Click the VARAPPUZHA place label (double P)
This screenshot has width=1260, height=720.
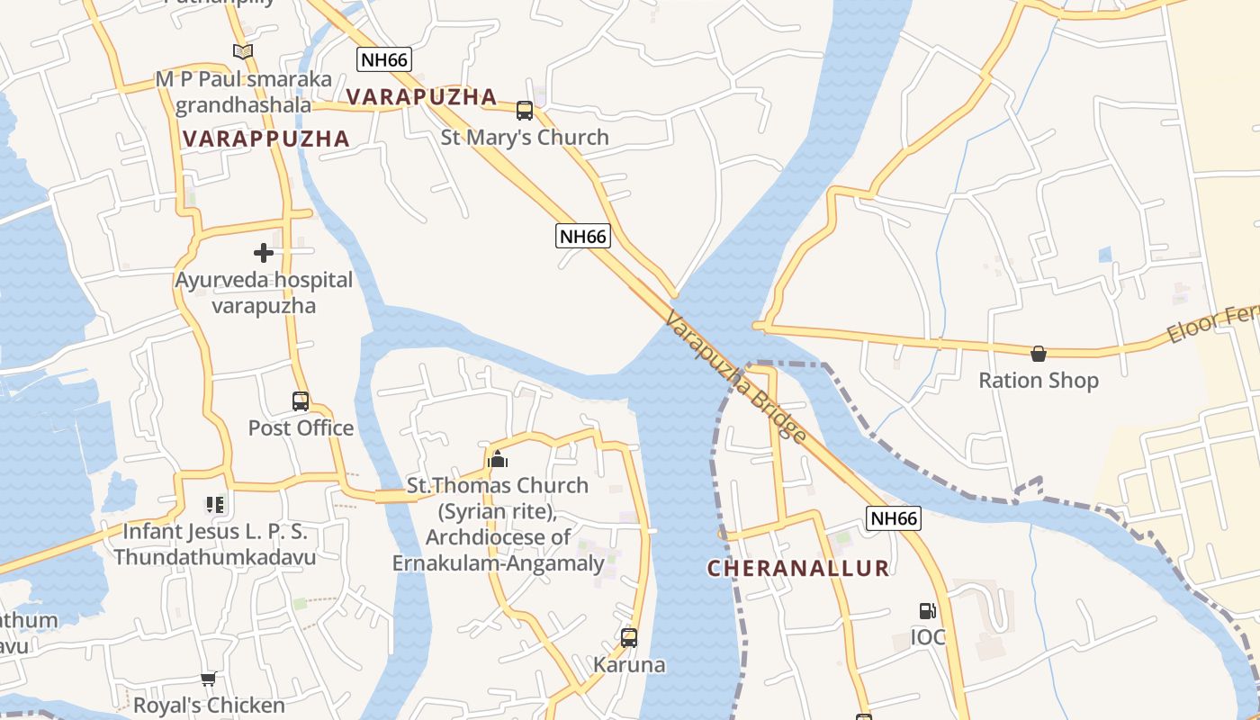pyautogui.click(x=265, y=139)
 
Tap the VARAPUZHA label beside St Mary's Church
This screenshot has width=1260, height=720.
pyautogui.click(x=421, y=97)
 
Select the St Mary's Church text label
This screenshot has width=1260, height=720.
pyautogui.click(x=525, y=138)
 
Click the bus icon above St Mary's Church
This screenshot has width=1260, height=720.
pyautogui.click(x=525, y=111)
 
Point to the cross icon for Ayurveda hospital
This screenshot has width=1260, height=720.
pyautogui.click(x=264, y=253)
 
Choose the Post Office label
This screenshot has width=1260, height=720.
pyautogui.click(x=301, y=427)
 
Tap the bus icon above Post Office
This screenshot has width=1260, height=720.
pyautogui.click(x=301, y=401)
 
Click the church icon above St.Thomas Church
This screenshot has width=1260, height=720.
pyautogui.click(x=497, y=460)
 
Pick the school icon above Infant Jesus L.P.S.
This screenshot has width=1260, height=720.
pyautogui.click(x=214, y=505)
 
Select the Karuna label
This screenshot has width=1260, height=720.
pyautogui.click(x=629, y=665)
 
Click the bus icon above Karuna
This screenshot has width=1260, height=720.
pyautogui.click(x=629, y=638)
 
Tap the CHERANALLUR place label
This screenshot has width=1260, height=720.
pyautogui.click(x=798, y=569)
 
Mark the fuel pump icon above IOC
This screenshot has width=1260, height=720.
pyautogui.click(x=927, y=611)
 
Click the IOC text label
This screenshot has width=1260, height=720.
pyautogui.click(x=928, y=637)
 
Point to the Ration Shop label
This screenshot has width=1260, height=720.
pyautogui.click(x=1039, y=381)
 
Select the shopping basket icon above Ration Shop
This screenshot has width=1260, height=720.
pyautogui.click(x=1039, y=354)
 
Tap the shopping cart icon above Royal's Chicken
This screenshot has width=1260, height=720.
pyautogui.click(x=209, y=679)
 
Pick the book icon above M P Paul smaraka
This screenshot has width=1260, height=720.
pyautogui.click(x=242, y=52)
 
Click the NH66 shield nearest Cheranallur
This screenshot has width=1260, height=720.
pyautogui.click(x=894, y=518)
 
